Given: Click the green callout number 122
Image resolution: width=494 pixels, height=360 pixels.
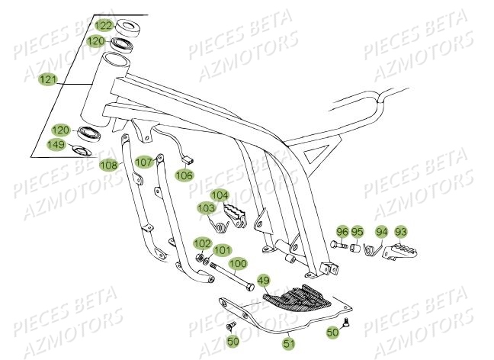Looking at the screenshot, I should (103, 26).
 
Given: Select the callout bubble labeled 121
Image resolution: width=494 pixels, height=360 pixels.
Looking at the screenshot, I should (48, 79).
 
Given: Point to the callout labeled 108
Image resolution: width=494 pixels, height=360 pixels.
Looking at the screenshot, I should (108, 164).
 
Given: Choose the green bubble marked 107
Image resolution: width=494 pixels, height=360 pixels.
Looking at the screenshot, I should (144, 162).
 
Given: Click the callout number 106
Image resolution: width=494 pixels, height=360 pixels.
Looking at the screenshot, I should (184, 175).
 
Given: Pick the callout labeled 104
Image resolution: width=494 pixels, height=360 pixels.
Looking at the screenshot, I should (220, 194).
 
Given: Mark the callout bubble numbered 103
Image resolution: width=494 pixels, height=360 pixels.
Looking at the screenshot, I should (207, 207).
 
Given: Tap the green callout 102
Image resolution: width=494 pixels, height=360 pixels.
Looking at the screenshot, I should (202, 243).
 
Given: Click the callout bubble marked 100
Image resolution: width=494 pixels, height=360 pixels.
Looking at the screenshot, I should (238, 263).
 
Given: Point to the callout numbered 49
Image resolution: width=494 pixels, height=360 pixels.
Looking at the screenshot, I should (263, 280).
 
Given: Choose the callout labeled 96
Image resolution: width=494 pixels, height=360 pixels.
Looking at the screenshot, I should (342, 231).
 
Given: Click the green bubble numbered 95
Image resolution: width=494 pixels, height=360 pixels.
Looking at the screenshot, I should (358, 231).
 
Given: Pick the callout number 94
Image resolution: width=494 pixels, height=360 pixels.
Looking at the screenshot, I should (382, 231).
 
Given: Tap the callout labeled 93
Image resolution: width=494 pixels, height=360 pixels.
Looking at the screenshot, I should (401, 231).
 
